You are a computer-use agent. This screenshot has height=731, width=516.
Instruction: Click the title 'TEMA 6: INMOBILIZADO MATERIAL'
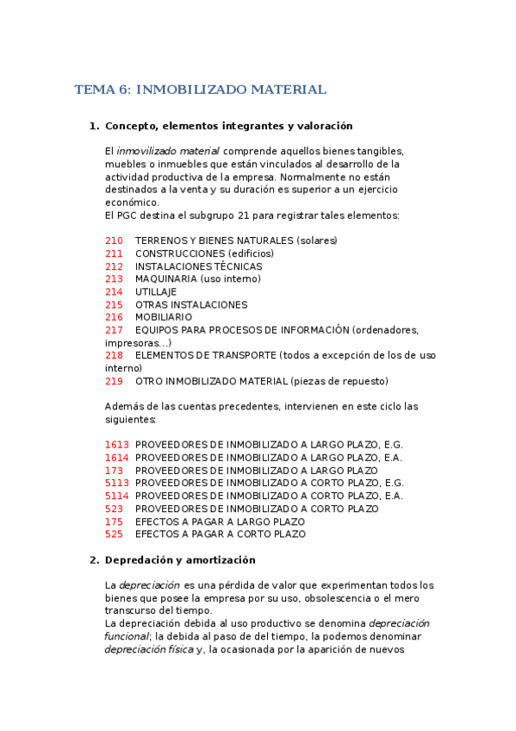tap(201, 90)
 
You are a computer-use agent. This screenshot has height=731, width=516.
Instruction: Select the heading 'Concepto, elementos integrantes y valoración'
tap(228, 126)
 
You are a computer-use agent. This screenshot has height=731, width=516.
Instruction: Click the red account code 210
tap(114, 241)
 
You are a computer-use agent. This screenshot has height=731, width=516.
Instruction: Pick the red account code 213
tap(114, 279)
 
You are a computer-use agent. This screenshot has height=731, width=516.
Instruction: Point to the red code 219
tap(114, 381)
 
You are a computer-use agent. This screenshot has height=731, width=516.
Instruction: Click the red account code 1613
tap(117, 445)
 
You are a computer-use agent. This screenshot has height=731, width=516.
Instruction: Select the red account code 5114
tap(117, 496)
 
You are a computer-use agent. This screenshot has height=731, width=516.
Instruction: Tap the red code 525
tap(114, 534)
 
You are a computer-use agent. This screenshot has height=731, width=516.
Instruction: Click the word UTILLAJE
tap(156, 292)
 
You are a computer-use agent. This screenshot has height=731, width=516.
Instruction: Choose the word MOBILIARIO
tap(164, 317)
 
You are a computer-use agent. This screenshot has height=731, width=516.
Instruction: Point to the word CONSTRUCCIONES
tap(180, 253)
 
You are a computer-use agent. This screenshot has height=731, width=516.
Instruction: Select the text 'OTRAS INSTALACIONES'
tap(191, 304)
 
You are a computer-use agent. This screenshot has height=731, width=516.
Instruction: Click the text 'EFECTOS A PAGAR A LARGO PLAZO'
tap(221, 522)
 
